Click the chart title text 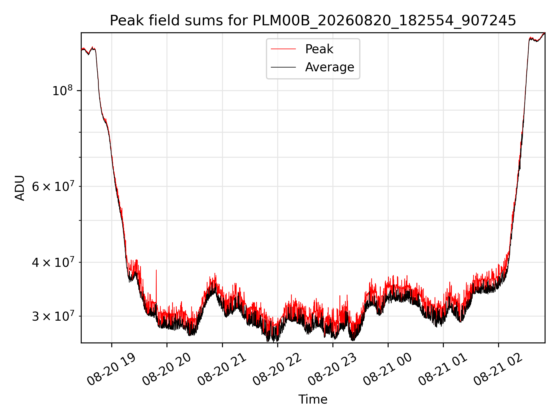click(313, 21)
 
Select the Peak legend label click(319, 49)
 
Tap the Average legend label click(330, 67)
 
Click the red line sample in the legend click(283, 49)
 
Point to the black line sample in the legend click(283, 67)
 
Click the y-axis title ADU click(20, 188)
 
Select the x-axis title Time click(313, 400)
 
